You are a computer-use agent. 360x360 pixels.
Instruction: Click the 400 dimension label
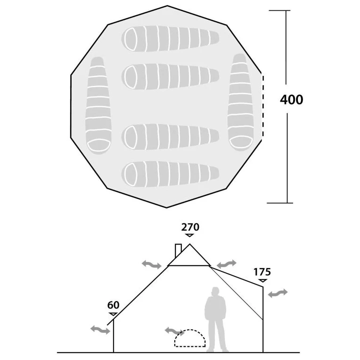tap(291, 99)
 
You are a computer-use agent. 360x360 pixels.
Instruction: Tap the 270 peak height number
tap(190, 227)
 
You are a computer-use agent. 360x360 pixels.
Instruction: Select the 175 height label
tap(262, 272)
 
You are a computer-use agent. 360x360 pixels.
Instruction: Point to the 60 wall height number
tap(113, 305)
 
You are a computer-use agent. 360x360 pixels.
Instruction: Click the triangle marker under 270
tap(189, 235)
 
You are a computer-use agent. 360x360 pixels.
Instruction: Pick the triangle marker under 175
tap(262, 280)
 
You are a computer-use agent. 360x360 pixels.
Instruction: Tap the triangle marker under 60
tap(113, 314)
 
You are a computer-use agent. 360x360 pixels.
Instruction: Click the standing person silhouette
tap(216, 319)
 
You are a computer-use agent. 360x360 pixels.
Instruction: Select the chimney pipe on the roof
tap(178, 251)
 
